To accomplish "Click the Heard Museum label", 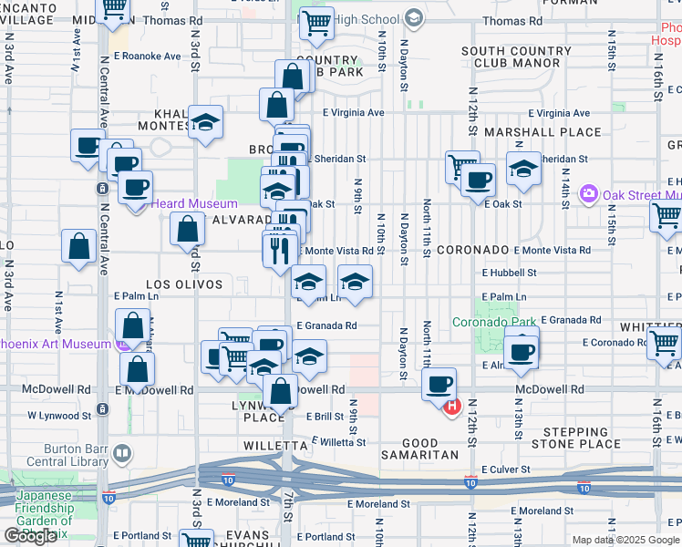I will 194,204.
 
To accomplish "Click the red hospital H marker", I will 449,406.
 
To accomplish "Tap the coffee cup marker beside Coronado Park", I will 522,352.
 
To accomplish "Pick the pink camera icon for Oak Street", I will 588,193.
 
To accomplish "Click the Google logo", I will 30,536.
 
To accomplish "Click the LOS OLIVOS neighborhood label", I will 182,284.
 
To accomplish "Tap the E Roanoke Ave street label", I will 148,56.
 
